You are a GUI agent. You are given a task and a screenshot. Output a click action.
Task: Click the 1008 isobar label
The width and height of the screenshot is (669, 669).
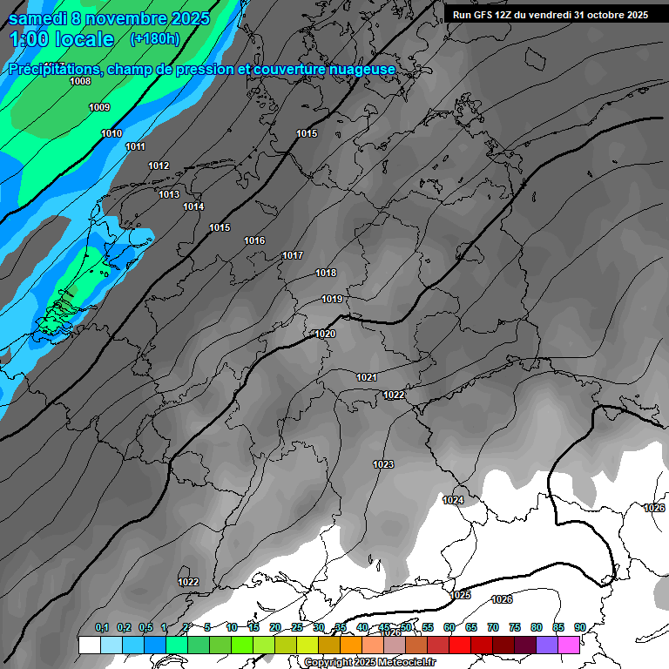pyautogui.click(x=80, y=81)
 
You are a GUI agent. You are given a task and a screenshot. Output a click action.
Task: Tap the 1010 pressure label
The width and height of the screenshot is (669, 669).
pyautogui.click(x=111, y=133)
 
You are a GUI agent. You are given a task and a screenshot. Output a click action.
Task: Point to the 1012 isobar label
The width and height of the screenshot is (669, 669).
pyautogui.click(x=159, y=166)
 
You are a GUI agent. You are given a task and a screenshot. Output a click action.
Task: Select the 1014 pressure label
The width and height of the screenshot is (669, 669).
pyautogui.click(x=193, y=206)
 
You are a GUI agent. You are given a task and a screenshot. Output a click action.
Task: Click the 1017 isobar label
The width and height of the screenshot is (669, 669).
pyautogui.click(x=293, y=255)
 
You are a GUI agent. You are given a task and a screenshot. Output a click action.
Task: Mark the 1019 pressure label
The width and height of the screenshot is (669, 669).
pyautogui.click(x=332, y=299)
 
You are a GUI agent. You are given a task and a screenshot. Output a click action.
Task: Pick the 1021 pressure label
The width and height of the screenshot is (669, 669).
pyautogui.click(x=367, y=377)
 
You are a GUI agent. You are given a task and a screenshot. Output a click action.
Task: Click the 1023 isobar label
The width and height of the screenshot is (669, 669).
pyautogui.click(x=383, y=464)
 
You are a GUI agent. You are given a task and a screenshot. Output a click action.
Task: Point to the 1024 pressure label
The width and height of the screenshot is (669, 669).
pyautogui.click(x=453, y=500)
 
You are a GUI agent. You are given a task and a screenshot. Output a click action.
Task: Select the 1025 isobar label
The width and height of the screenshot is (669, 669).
pyautogui.click(x=461, y=595)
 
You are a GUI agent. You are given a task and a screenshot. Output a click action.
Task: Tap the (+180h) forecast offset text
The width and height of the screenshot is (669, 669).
pyautogui.click(x=155, y=39)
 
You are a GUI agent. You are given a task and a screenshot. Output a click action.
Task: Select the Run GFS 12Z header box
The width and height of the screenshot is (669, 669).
pyautogui.click(x=551, y=15)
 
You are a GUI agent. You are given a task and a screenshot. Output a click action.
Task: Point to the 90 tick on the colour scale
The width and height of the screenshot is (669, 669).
pyautogui.click(x=579, y=627)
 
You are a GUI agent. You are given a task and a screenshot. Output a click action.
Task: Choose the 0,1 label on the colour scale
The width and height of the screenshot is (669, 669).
pyautogui.click(x=101, y=627)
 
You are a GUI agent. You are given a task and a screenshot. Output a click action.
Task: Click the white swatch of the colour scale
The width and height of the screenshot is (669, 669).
pyautogui.click(x=89, y=645)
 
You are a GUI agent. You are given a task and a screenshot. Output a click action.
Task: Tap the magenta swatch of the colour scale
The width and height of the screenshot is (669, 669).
pyautogui.click(x=569, y=645)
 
